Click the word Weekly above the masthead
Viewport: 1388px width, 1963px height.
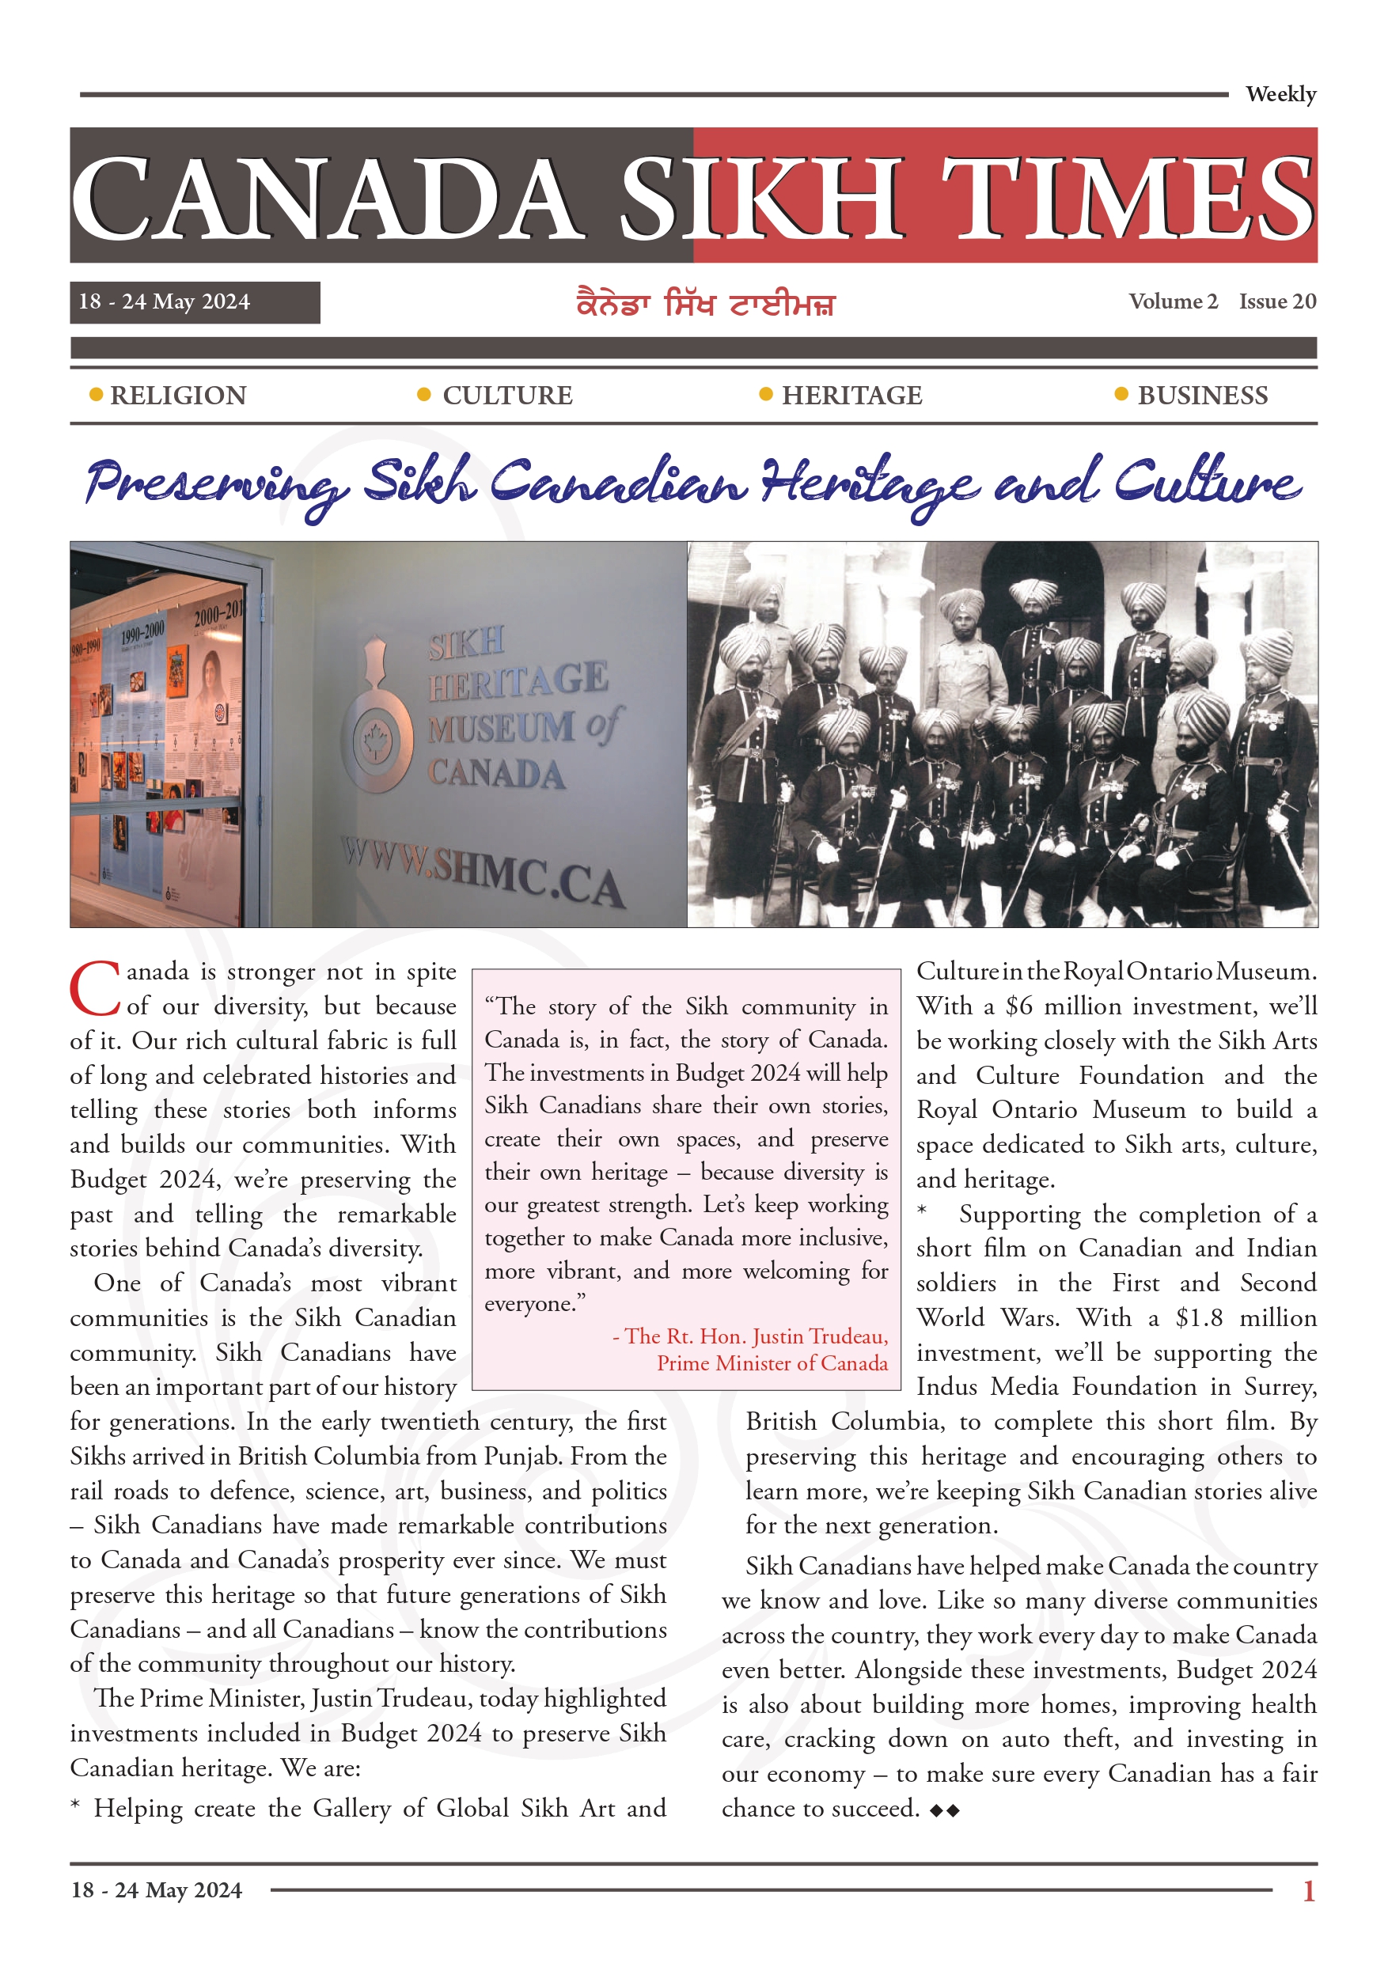pos(1280,94)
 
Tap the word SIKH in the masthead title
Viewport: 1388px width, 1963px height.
pos(760,199)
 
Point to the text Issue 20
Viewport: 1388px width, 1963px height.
pos(1277,301)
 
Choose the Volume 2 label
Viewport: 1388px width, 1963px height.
pos(1173,301)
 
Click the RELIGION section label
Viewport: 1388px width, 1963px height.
pos(178,395)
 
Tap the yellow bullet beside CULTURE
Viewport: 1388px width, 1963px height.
pos(423,394)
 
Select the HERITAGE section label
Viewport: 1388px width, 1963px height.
pos(851,395)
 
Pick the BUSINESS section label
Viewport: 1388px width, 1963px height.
pos(1201,395)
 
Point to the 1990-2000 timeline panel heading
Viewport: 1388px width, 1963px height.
pos(142,633)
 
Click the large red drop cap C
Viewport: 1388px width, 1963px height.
pos(95,988)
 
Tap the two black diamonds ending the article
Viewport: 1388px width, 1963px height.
pos(945,1810)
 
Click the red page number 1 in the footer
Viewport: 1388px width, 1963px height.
pos(1307,1890)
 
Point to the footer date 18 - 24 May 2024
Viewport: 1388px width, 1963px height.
pos(157,1890)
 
